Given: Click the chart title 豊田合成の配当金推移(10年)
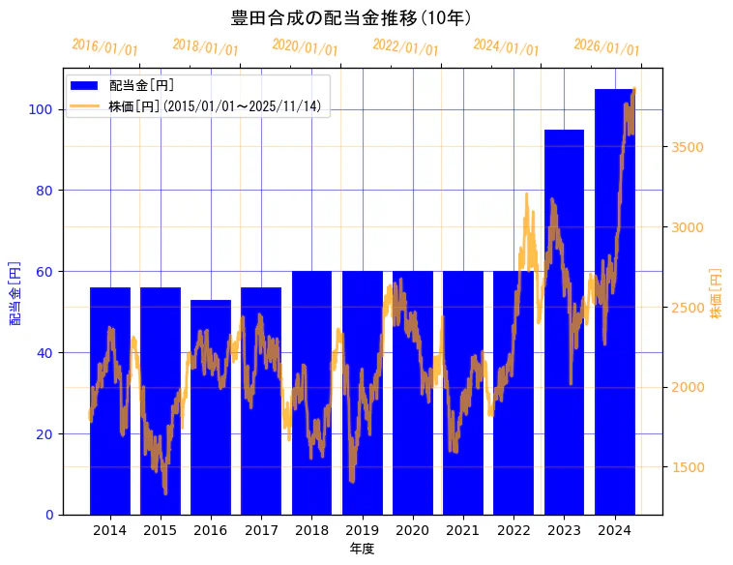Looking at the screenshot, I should pyautogui.click(x=351, y=18).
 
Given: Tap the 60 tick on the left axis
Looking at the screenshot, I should pyautogui.click(x=44, y=272).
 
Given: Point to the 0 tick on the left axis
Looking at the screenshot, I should pyautogui.click(x=48, y=515).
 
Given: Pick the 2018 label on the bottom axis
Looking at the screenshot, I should pyautogui.click(x=311, y=530).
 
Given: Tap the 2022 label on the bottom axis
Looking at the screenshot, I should pyautogui.click(x=513, y=530).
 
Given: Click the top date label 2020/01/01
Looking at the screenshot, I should pyautogui.click(x=305, y=46).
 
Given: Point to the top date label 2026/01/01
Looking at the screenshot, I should pyautogui.click(x=606, y=46).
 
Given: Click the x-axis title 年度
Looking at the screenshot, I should pyautogui.click(x=362, y=549).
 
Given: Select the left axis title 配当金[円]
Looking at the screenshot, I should pyautogui.click(x=15, y=292).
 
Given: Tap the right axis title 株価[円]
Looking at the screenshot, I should pyautogui.click(x=717, y=293).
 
